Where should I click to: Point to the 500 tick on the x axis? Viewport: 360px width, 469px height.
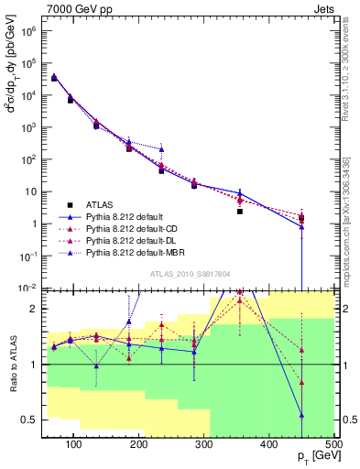(x=333, y=444)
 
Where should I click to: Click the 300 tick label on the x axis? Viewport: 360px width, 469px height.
(x=203, y=444)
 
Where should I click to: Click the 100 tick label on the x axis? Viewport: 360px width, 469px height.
(x=74, y=444)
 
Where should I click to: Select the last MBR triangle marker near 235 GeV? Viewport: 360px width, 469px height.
(x=162, y=149)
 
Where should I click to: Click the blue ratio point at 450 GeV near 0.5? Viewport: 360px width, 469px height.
(x=301, y=415)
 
